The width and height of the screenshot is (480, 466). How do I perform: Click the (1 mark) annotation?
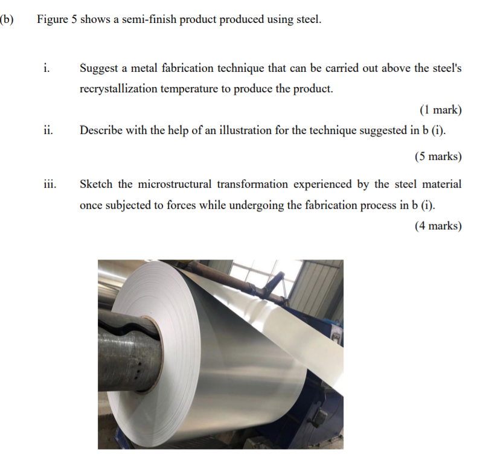440,110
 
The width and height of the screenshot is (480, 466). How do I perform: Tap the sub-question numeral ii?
47,130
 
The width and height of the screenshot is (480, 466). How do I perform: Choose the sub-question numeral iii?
50,184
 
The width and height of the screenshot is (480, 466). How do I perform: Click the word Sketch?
96,184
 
